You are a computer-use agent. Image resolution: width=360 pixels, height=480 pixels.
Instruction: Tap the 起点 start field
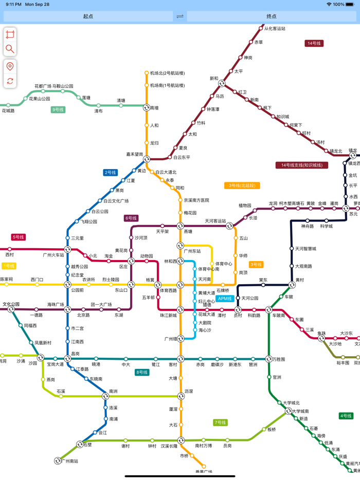88,16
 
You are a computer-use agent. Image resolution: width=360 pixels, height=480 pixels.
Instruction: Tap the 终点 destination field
272,16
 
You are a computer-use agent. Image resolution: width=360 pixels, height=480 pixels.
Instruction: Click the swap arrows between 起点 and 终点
180,16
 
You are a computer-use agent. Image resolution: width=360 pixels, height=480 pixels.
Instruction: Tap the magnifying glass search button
10,49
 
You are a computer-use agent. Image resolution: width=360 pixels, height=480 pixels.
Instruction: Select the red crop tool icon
10,34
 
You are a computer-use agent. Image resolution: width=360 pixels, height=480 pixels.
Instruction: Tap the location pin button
10,67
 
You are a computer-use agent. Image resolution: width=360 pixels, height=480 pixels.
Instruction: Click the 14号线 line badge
314,43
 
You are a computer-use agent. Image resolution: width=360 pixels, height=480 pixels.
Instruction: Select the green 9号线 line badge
58,109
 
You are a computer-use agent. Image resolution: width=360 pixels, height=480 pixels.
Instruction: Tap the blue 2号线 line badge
110,173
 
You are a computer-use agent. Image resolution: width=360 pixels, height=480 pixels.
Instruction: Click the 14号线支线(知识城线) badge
301,165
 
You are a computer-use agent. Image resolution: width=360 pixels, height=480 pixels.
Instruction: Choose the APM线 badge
225,299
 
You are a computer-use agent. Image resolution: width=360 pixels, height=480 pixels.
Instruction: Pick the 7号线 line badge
220,422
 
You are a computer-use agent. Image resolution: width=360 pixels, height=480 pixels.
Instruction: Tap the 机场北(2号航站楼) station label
167,73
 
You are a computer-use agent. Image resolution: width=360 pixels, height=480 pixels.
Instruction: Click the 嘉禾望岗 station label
135,154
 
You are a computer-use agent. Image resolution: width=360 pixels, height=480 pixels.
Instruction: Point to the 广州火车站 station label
53,255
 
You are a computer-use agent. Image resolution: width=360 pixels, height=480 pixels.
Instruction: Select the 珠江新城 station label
168,316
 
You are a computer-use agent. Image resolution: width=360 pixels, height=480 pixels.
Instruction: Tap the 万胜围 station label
279,359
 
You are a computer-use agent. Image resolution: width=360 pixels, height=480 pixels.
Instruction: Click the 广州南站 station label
70,461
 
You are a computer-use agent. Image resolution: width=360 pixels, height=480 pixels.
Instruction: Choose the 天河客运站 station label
215,221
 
